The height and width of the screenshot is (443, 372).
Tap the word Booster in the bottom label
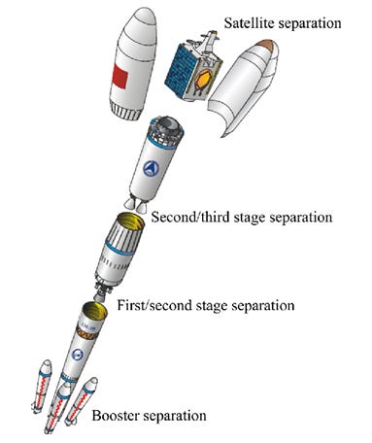click(118, 417)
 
